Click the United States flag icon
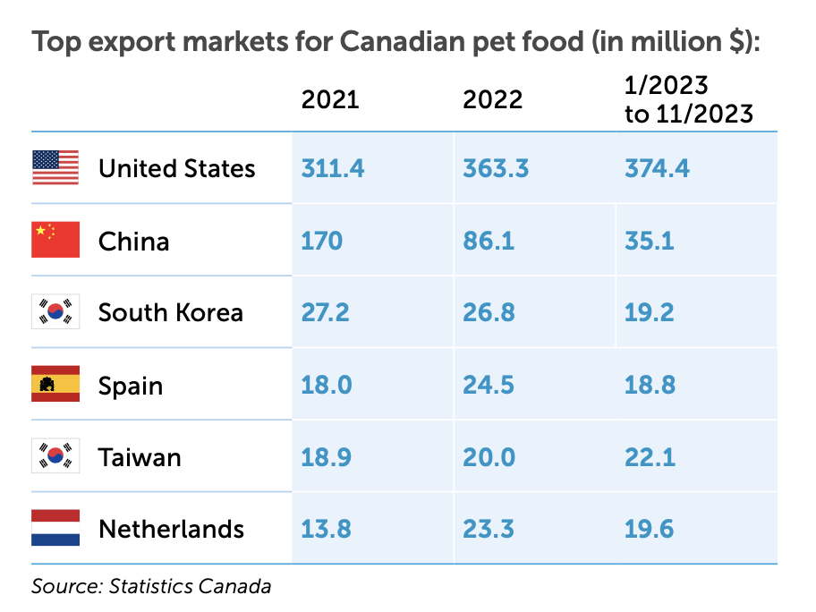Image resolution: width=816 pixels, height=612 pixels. pos(55,168)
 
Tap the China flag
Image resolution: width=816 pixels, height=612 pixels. pos(55,241)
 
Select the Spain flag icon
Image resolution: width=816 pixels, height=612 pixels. pos(55,385)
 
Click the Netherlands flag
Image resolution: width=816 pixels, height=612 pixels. pos(55,529)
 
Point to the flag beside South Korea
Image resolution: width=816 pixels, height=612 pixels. pos(55,312)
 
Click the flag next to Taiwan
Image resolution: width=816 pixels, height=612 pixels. pos(55,456)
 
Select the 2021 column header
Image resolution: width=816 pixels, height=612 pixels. pos(330,99)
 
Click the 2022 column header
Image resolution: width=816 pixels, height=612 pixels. pos(492,99)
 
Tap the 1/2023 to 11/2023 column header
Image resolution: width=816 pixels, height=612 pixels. pos(688,100)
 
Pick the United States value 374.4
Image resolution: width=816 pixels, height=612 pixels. pos(657,168)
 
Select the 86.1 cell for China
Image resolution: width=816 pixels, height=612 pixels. pos(489,241)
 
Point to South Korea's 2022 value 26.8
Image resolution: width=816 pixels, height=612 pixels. pos(489,312)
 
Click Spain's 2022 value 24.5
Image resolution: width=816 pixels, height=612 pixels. pos(489,385)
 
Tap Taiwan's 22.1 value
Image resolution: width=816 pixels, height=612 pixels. pos(649,456)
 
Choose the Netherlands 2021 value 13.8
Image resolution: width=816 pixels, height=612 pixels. pos(327,529)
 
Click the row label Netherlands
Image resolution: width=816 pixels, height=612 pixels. pos(171,529)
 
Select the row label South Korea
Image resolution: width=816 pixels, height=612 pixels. pos(170,312)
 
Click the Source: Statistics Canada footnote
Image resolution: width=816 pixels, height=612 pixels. pos(150,587)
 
